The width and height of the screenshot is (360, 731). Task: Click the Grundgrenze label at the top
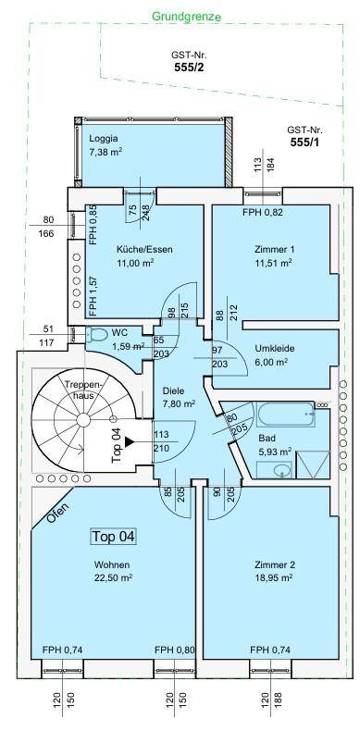pyautogui.click(x=184, y=17)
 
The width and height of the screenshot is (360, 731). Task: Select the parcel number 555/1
pyautogui.click(x=305, y=142)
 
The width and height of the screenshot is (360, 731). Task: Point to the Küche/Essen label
pyautogui.click(x=144, y=249)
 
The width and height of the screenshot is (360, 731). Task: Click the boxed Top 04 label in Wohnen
pyautogui.click(x=113, y=536)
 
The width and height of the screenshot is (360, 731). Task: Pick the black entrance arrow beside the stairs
pyautogui.click(x=130, y=442)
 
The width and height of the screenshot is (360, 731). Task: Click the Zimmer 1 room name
pyautogui.click(x=274, y=249)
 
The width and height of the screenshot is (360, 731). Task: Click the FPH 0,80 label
pyautogui.click(x=176, y=650)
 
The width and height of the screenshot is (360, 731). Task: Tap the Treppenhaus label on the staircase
pyautogui.click(x=81, y=390)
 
